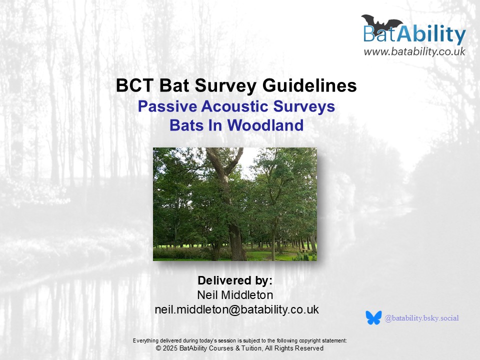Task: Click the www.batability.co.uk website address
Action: click(x=414, y=51)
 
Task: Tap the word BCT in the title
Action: click(x=134, y=85)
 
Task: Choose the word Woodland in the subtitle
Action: click(x=265, y=125)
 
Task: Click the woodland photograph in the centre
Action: click(x=235, y=204)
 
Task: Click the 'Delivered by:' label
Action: click(x=235, y=280)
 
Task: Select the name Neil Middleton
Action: click(x=235, y=295)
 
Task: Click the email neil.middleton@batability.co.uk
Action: click(x=236, y=309)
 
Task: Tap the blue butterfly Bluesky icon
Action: click(x=373, y=318)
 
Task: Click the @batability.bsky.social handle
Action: click(x=422, y=318)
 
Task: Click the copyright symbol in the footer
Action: click(x=158, y=348)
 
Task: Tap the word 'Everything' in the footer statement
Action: click(x=145, y=340)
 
